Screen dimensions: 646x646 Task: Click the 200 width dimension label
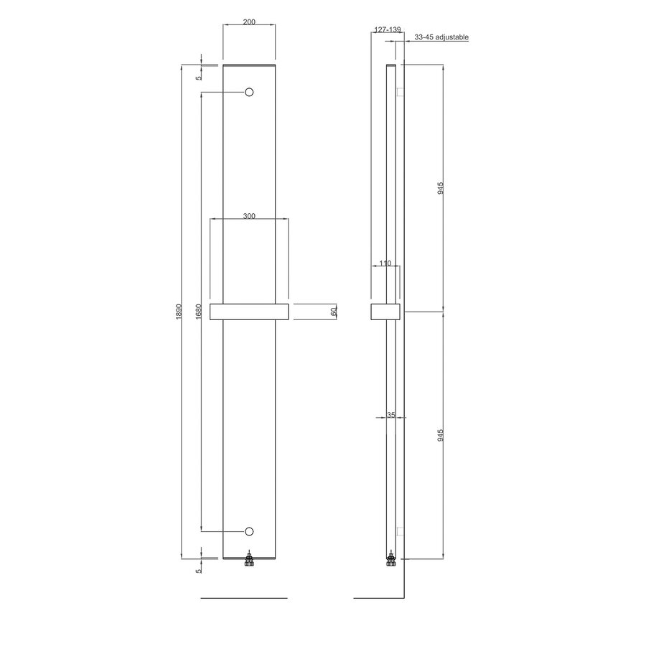249,22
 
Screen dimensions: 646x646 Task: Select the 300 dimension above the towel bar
248,216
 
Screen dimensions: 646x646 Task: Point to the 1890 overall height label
179,312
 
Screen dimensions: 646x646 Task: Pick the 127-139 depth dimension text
387,31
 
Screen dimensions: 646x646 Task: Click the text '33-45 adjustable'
441,37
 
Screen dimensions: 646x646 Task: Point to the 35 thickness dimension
390,415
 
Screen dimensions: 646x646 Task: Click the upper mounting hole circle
249,92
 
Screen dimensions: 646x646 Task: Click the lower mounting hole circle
249,530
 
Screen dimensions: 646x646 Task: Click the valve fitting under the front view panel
249,560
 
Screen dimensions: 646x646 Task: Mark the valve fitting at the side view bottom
390,560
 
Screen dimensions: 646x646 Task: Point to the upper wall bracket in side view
401,92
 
